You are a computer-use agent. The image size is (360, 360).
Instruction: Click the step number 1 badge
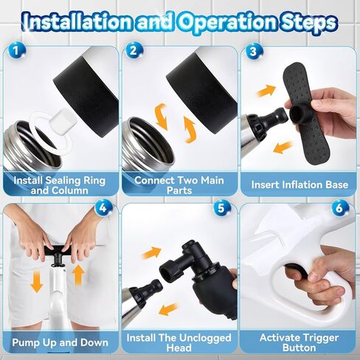16,51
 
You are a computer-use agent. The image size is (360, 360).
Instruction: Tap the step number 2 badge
134,51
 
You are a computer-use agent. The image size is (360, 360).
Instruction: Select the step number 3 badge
253,52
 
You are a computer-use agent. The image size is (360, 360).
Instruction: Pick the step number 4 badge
103,208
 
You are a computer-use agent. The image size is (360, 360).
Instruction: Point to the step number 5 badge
221,208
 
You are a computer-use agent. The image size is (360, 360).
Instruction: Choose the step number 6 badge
339,208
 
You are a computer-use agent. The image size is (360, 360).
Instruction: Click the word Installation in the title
78,21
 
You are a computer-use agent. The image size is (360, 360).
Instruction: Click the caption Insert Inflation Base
300,185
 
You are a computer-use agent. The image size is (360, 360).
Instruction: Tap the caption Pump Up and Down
60,342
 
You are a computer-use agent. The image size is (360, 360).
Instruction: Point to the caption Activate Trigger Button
300,342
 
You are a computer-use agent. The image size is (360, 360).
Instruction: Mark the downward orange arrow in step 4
37,281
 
